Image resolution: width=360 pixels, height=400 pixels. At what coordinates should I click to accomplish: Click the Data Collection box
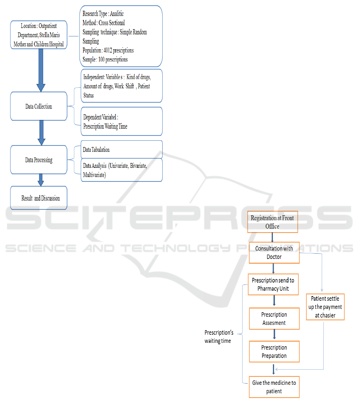pos(39,106)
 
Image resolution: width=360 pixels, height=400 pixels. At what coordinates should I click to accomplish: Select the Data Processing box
pos(39,160)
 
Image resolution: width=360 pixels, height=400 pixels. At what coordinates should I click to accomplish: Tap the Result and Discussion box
pos(39,198)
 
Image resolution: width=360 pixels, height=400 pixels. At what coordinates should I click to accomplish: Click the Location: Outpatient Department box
pos(39,35)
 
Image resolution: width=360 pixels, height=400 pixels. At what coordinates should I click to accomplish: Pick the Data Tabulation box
pos(121,149)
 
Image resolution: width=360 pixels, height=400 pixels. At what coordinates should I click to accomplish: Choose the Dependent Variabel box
pos(121,121)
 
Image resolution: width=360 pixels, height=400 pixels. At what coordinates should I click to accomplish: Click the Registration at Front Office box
pos(272,222)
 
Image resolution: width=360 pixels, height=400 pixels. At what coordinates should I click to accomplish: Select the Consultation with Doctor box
pos(274,253)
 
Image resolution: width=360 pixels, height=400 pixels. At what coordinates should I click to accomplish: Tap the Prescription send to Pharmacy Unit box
pos(273,285)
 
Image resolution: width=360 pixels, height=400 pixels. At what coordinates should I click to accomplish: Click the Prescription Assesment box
pos(274,318)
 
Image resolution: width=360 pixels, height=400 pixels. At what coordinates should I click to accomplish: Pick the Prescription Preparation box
pos(274,352)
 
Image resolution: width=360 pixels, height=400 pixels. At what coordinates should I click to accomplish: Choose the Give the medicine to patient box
pos(274,387)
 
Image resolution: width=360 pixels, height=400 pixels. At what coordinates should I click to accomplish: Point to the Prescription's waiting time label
pos(219,336)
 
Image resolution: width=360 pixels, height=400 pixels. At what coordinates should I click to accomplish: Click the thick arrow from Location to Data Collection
pos(41,70)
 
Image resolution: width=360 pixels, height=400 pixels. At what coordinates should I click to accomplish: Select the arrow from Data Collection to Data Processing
pos(41,133)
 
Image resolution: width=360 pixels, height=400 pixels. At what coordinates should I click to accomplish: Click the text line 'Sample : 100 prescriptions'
pos(105,60)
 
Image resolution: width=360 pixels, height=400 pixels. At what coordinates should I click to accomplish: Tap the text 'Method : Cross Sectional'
pos(103,23)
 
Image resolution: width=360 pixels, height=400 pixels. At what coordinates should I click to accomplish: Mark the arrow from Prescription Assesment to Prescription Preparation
pos(274,335)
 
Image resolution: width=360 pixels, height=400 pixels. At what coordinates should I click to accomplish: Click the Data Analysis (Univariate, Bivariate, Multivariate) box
pos(121,170)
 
